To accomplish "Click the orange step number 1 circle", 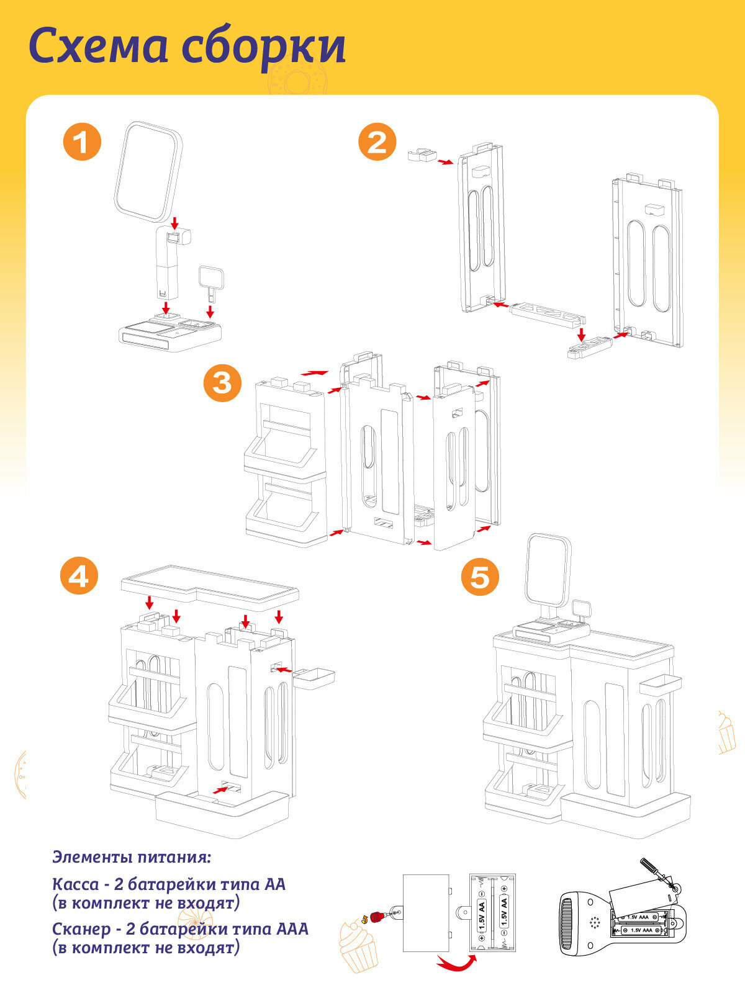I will (x=82, y=142).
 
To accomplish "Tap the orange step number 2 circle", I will (x=377, y=142).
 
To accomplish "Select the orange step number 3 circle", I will (x=222, y=383).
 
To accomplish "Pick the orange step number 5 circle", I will (x=480, y=577).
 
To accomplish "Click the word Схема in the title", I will (x=98, y=47).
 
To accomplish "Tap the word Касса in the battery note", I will (x=75, y=884).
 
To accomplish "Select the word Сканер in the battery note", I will (x=81, y=929).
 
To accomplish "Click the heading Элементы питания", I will (x=132, y=857).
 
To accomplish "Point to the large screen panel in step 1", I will (x=148, y=171).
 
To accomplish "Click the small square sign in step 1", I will (x=210, y=277).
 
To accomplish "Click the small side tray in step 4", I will (x=314, y=678).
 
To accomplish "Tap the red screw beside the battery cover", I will (x=376, y=916).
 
